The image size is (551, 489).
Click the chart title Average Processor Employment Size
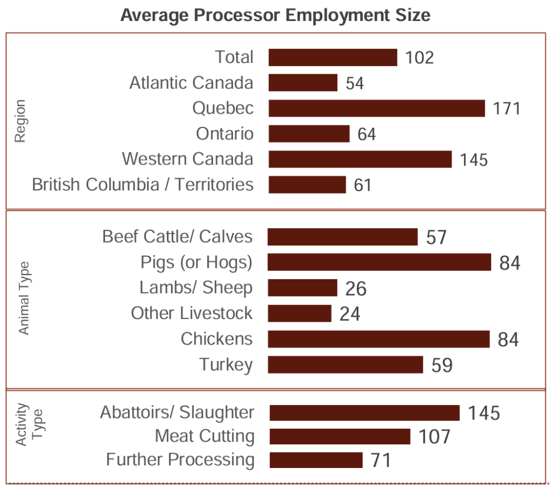click(275, 15)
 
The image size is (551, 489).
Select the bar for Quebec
click(377, 108)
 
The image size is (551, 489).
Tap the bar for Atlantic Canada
click(303, 83)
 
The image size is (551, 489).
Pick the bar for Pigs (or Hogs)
click(379, 263)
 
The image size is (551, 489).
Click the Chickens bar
click(379, 339)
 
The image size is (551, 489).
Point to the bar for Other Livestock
click(300, 314)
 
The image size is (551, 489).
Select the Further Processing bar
click(316, 460)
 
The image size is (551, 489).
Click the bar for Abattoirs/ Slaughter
click(364, 413)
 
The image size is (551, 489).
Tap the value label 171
click(507, 109)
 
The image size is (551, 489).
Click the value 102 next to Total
click(419, 58)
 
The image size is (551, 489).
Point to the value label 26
click(356, 289)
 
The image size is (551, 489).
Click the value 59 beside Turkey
click(442, 365)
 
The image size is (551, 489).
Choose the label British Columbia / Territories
click(143, 185)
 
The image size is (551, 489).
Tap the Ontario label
click(224, 133)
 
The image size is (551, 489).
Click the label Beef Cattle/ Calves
click(177, 237)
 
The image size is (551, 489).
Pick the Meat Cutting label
click(204, 436)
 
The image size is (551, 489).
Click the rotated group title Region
click(20, 121)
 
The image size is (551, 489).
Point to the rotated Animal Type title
click(24, 298)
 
